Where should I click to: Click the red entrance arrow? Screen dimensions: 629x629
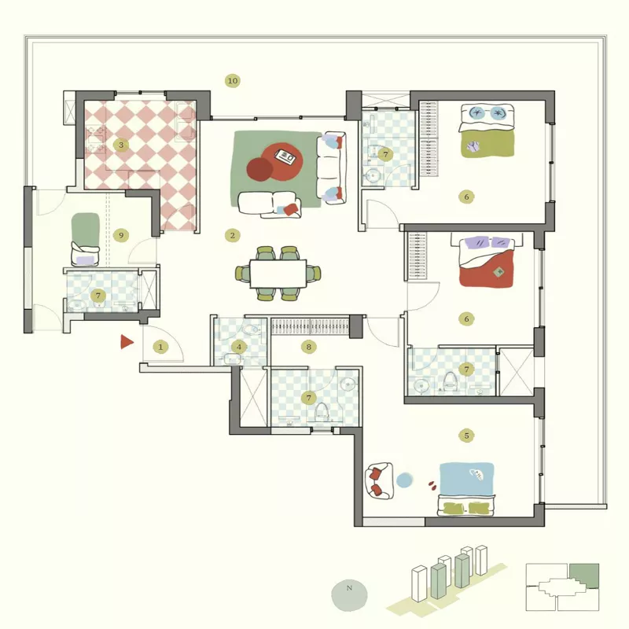click(x=125, y=341)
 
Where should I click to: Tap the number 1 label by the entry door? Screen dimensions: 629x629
click(x=161, y=347)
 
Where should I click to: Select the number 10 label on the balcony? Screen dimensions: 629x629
click(x=232, y=80)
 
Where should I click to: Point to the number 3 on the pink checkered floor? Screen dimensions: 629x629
click(x=120, y=145)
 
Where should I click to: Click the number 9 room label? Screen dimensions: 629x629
click(x=120, y=235)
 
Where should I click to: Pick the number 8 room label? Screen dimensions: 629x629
click(x=309, y=347)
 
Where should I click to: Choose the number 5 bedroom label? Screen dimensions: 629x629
click(x=466, y=435)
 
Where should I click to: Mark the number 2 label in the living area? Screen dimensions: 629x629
click(x=231, y=235)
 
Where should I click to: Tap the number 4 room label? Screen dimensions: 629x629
click(x=239, y=347)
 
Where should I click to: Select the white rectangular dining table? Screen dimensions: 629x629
click(x=278, y=274)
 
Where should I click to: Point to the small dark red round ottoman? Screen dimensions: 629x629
click(x=259, y=168)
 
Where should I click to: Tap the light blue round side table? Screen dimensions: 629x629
click(x=403, y=480)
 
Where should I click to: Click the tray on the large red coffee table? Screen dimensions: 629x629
click(x=286, y=157)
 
